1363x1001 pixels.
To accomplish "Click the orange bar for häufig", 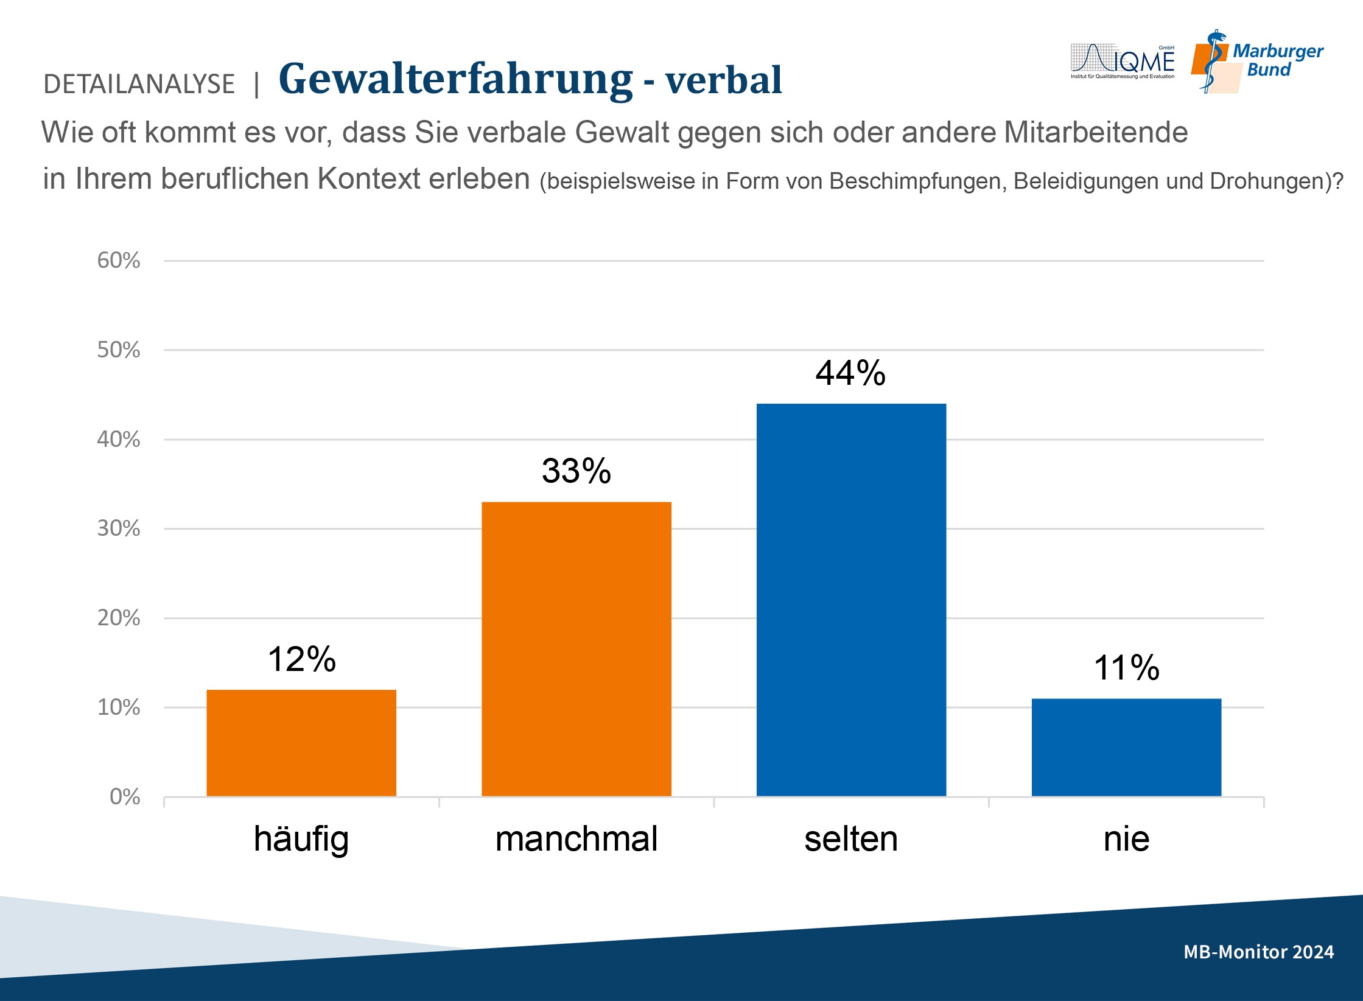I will click(301, 743).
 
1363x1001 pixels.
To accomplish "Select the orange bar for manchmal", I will click(576, 649).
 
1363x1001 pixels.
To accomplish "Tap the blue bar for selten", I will click(851, 600).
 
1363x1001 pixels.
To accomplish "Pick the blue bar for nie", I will click(1126, 747).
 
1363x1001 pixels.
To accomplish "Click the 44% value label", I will click(850, 373).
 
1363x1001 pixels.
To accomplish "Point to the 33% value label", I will click(576, 471).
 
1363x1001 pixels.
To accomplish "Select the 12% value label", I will click(301, 659).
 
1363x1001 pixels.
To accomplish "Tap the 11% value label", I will click(1126, 667).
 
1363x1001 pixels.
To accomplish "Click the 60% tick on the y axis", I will click(119, 261).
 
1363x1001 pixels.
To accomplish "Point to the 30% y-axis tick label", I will click(119, 529).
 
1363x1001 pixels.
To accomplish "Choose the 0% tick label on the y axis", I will click(125, 797).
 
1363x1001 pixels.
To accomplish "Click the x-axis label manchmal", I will click(576, 839).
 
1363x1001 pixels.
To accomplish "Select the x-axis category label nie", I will click(1126, 839).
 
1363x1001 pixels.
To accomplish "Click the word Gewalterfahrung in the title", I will click(455, 79).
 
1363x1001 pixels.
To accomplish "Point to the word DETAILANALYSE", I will click(139, 84).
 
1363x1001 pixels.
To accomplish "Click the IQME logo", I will click(1123, 61).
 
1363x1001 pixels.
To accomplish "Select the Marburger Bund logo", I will click(1258, 61).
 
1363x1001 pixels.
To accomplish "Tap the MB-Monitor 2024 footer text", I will click(1258, 952).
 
